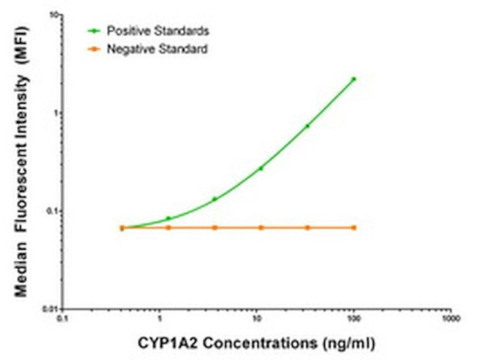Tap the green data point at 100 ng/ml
[x=354, y=79]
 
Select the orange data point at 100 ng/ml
[x=354, y=228]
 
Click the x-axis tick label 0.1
[x=64, y=320]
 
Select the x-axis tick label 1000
[x=450, y=320]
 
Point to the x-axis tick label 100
[x=354, y=320]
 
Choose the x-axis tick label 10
[x=257, y=320]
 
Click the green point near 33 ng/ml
[x=307, y=126]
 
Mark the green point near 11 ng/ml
[x=261, y=169]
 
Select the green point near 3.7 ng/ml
[x=215, y=199]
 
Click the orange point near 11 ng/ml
[x=261, y=228]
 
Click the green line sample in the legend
[x=95, y=31]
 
